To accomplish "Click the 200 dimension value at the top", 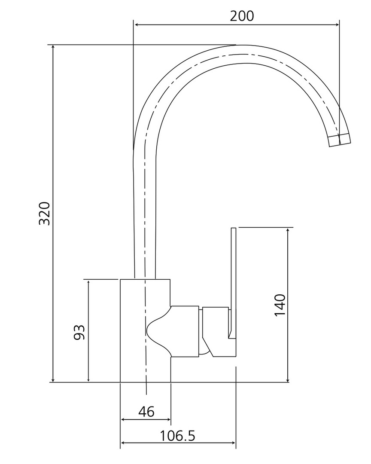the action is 242,16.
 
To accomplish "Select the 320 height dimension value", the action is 45,214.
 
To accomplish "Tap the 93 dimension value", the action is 79,332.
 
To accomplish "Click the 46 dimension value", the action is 146,411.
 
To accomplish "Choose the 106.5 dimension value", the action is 177,436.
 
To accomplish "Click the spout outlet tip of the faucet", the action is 340,140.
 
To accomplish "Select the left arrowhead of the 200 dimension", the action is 137,25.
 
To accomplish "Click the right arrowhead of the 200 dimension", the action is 337,25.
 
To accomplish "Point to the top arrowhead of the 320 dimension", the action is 53,48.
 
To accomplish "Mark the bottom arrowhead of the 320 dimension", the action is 53,379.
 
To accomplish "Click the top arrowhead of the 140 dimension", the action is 288,231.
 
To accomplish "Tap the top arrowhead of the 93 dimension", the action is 88,282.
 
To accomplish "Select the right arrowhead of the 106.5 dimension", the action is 233,443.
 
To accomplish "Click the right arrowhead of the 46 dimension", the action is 168,419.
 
